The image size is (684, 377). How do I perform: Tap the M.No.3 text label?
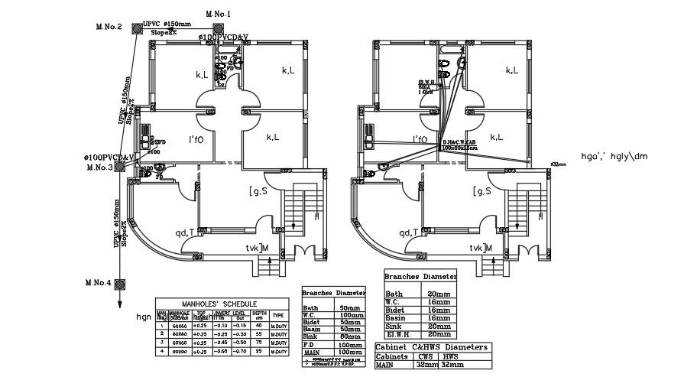(x=99, y=167)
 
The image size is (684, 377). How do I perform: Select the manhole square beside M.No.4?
(x=120, y=283)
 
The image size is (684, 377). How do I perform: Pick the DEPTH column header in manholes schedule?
(x=260, y=314)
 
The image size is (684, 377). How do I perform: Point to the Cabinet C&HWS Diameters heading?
(x=433, y=346)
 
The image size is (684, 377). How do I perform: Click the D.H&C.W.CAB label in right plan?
(x=459, y=142)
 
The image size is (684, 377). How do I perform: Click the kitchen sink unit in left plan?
(x=145, y=138)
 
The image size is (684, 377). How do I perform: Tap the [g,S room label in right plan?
(x=481, y=190)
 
